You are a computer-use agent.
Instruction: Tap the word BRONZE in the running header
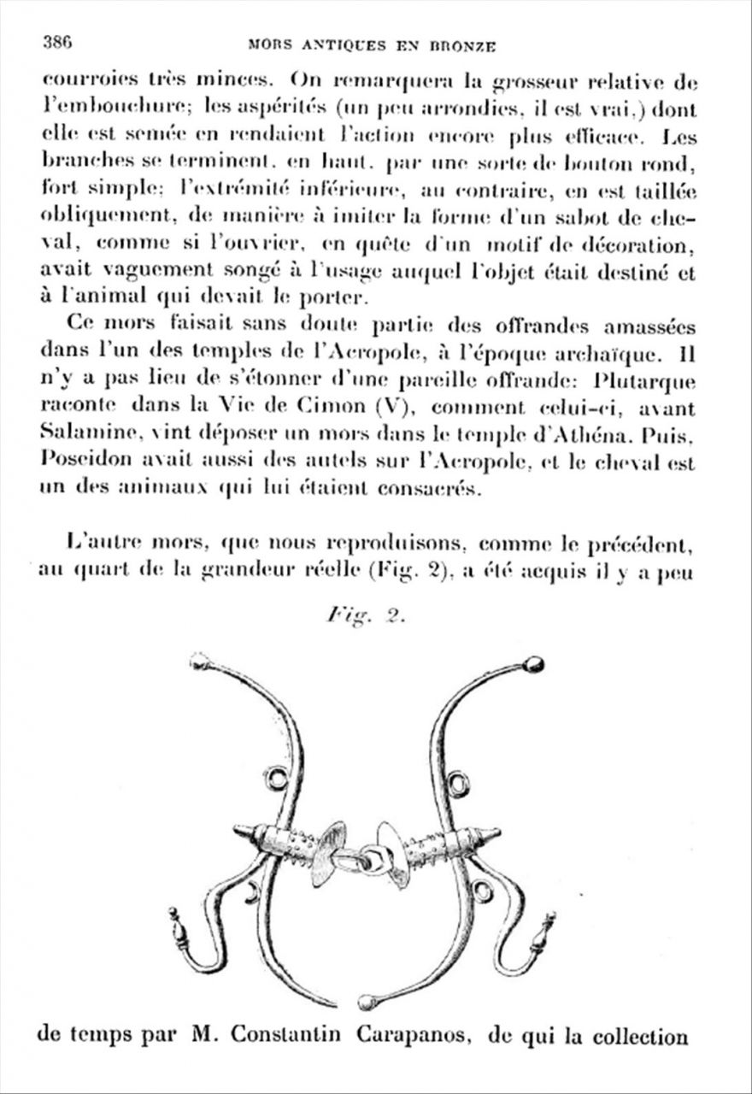(x=461, y=46)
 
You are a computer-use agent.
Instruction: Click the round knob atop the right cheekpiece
(x=533, y=664)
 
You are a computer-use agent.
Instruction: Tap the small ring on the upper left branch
(x=275, y=778)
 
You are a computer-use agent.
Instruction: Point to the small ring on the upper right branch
(x=459, y=784)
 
